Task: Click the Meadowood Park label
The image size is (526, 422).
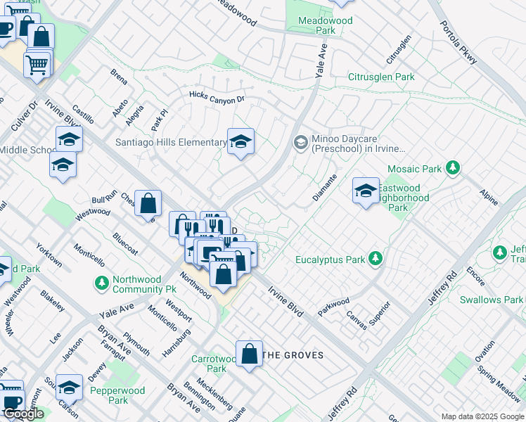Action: [x=316, y=26]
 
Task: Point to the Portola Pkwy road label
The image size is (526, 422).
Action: [x=459, y=41]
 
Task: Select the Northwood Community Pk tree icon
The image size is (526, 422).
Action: [x=102, y=283]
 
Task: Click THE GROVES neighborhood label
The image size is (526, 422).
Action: [x=293, y=355]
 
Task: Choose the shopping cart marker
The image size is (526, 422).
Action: [x=37, y=65]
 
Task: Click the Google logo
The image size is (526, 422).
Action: [x=23, y=414]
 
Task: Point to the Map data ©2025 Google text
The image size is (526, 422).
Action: [x=482, y=416]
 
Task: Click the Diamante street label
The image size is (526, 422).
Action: [x=325, y=188]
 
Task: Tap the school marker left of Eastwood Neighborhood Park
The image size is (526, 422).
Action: [x=366, y=191]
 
